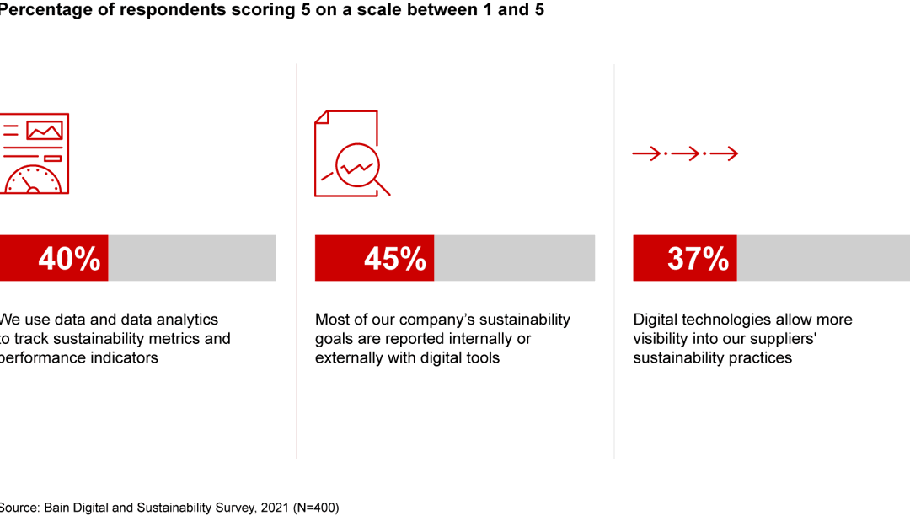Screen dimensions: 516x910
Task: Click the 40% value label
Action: click(69, 259)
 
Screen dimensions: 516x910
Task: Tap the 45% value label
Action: click(394, 259)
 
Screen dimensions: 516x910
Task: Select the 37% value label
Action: click(698, 259)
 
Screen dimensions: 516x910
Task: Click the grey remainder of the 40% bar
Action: click(191, 258)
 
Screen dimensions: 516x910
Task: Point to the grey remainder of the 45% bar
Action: click(514, 258)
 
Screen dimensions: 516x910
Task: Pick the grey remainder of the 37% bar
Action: click(822, 258)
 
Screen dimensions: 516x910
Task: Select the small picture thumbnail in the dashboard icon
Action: click(45, 131)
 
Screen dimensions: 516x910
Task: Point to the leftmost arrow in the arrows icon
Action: click(647, 153)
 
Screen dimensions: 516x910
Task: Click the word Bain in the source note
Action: click(58, 508)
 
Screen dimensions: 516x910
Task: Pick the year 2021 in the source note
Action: click(266, 508)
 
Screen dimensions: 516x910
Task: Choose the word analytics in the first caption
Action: click(183, 320)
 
